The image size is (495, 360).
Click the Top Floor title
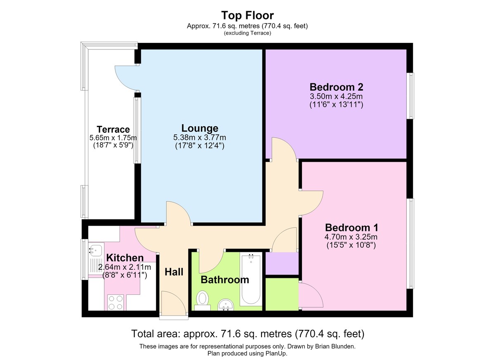click(x=247, y=15)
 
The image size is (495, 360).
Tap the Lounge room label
click(x=200, y=128)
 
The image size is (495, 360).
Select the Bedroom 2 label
click(x=336, y=87)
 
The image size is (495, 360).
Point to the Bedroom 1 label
click(x=351, y=228)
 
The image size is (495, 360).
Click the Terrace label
click(x=113, y=129)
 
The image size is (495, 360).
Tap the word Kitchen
click(x=125, y=258)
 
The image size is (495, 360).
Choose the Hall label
click(x=174, y=272)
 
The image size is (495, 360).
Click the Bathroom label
click(x=225, y=280)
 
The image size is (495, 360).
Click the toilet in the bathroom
click(x=203, y=301)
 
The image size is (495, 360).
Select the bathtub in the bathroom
click(x=251, y=280)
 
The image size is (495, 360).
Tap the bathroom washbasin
click(x=226, y=305)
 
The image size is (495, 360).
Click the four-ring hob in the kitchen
click(x=115, y=303)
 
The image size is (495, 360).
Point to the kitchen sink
click(x=95, y=259)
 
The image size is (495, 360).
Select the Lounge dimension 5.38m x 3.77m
click(x=200, y=138)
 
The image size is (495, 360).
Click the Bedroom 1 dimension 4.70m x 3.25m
click(x=351, y=237)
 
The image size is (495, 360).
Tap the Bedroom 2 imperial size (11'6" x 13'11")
click(x=336, y=104)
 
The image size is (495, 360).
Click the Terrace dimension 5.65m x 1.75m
click(x=113, y=138)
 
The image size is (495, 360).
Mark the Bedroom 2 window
click(x=410, y=96)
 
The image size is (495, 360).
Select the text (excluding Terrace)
click(x=247, y=33)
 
